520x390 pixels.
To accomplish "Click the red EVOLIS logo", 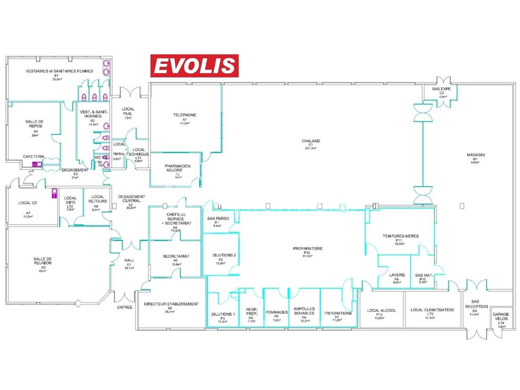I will [x=195, y=66].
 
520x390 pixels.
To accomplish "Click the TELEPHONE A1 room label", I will [x=184, y=117].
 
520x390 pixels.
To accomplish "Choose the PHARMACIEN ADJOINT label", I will [x=177, y=168].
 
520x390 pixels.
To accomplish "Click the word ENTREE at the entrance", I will [x=125, y=307].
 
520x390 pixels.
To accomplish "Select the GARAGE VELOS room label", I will [x=501, y=317].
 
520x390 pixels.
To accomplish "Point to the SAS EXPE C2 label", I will [x=442, y=91].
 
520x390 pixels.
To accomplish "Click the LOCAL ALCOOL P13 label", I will [x=381, y=312].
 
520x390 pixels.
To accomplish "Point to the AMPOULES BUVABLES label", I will [x=303, y=314].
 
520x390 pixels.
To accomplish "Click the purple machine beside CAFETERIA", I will [x=37, y=164].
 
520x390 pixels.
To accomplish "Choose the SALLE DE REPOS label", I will [x=35, y=124].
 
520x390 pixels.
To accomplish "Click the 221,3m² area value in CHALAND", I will [x=311, y=148].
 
